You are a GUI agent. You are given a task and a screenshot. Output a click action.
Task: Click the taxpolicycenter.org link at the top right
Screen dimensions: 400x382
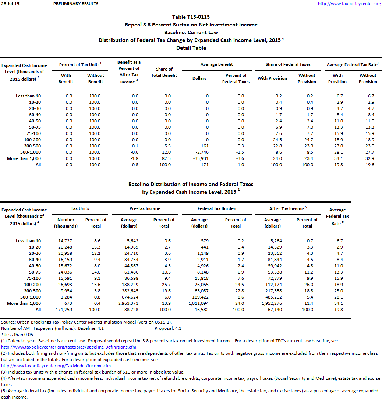(349, 4)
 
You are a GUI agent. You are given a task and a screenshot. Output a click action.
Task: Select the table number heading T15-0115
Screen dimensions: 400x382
(191, 17)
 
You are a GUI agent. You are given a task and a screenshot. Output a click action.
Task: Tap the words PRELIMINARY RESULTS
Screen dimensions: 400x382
(75, 4)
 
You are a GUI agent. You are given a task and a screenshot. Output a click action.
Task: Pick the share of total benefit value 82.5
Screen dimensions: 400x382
(167, 158)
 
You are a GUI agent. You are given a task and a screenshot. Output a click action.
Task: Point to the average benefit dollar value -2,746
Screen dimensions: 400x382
(201, 152)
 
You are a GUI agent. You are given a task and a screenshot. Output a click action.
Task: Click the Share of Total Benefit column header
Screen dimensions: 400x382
(164, 72)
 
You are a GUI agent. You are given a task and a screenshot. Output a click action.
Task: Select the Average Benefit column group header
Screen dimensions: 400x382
(216, 64)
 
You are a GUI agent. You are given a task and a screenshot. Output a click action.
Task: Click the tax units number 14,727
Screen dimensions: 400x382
(66, 241)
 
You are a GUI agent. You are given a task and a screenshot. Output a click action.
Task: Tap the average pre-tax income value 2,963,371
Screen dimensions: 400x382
(129, 303)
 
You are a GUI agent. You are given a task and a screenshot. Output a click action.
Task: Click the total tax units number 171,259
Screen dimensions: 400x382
(66, 310)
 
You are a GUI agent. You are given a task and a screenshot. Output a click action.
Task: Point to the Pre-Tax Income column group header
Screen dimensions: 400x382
(145, 208)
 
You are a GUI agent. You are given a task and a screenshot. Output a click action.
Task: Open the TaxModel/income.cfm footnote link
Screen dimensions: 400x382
(56, 366)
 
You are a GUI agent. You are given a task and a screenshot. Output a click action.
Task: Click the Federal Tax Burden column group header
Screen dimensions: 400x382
(217, 208)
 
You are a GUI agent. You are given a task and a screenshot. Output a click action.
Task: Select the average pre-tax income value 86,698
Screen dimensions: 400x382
(129, 278)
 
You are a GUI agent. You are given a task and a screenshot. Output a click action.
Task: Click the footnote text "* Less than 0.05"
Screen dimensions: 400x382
(17, 335)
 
